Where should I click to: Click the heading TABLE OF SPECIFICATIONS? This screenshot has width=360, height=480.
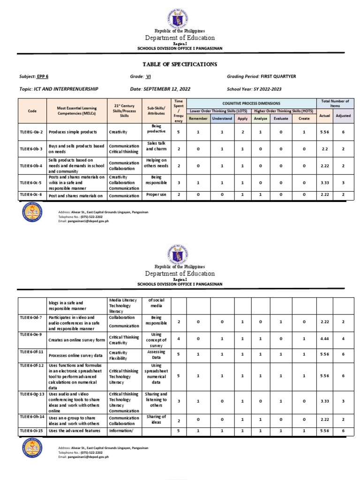(x=180, y=64)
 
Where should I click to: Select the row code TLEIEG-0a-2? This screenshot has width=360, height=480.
(x=32, y=133)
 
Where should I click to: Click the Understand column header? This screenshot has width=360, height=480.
(x=222, y=119)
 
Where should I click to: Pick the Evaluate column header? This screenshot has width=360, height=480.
(x=281, y=119)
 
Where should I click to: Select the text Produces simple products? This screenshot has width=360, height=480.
(x=76, y=133)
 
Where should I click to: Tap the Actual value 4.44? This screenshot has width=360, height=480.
(x=325, y=338)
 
